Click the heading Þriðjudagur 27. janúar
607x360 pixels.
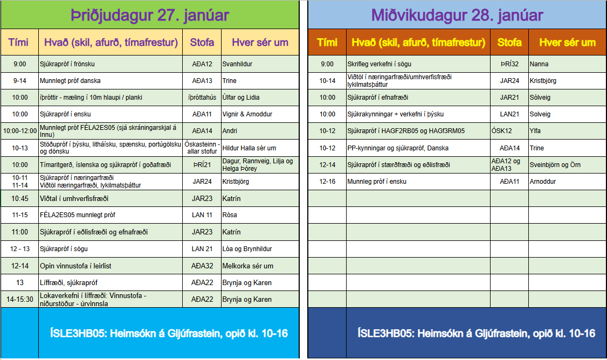pyautogui.click(x=150, y=15)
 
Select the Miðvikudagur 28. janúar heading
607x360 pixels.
pyautogui.click(x=457, y=15)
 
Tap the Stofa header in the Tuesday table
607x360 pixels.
pyautogui.click(x=202, y=42)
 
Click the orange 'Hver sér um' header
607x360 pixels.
pyautogui.click(x=567, y=42)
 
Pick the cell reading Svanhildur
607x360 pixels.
pyautogui.click(x=237, y=64)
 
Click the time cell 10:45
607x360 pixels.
pyautogui.click(x=19, y=198)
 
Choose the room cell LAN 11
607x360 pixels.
pyautogui.click(x=202, y=215)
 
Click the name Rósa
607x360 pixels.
pyautogui.click(x=230, y=215)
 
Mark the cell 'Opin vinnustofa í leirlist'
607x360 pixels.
pyautogui.click(x=75, y=266)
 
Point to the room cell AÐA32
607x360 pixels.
pyautogui.click(x=202, y=266)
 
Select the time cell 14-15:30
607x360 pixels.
pyautogui.click(x=20, y=299)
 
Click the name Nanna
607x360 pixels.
pyautogui.click(x=539, y=64)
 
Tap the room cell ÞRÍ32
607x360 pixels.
pyautogui.click(x=509, y=64)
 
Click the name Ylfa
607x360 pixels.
pyautogui.click(x=535, y=131)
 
